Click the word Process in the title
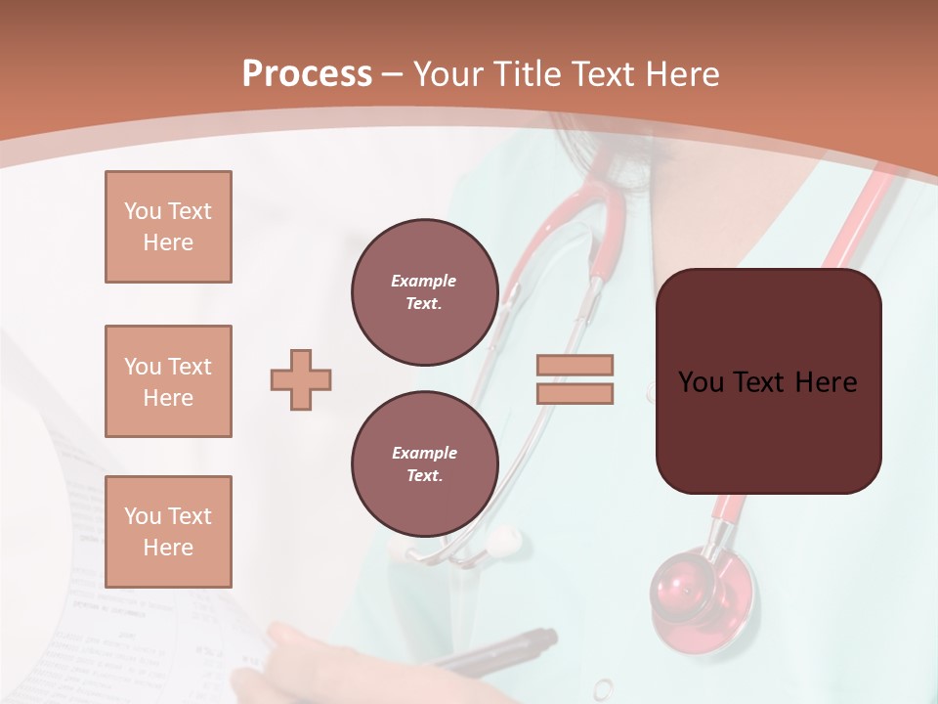[307, 74]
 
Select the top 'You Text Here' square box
[168, 227]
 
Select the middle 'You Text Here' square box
[168, 381]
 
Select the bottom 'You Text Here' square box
[168, 532]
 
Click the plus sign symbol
[301, 379]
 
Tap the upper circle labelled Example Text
[424, 292]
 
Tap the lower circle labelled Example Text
[424, 464]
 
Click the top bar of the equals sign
[575, 366]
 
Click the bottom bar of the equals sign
[575, 393]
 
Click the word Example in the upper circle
[423, 281]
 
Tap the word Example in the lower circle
[424, 453]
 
